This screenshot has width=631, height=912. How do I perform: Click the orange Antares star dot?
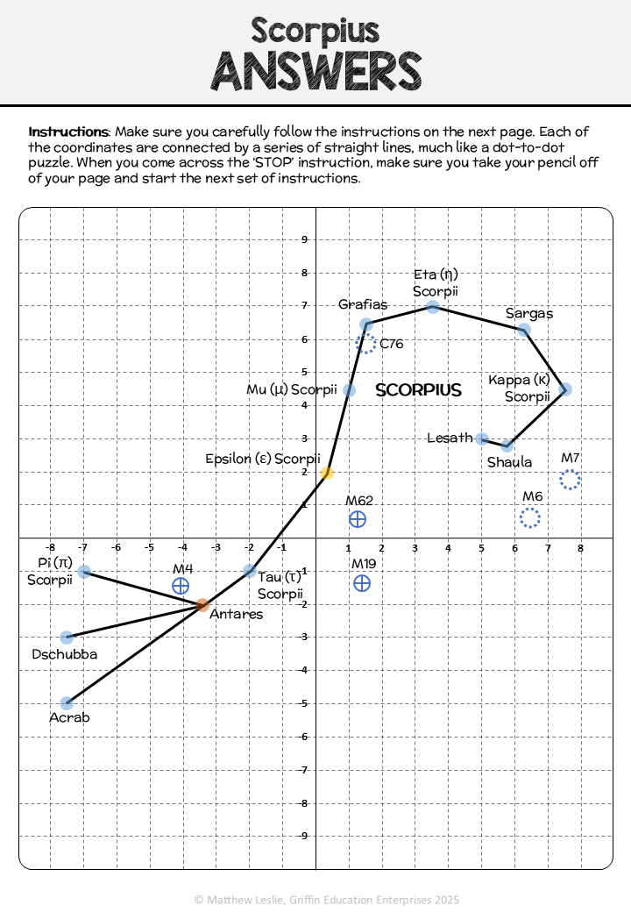pos(202,605)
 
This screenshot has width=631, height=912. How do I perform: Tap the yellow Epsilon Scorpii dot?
pos(327,473)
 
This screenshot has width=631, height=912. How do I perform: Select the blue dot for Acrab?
pos(67,703)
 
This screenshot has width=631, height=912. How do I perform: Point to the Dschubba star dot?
pos(67,638)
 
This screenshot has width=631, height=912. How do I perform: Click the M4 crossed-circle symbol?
pos(181,586)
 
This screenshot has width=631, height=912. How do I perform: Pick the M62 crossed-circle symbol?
pos(358,519)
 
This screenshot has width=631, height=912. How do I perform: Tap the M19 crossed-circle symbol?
pos(362,583)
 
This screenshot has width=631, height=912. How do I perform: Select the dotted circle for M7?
pos(570,480)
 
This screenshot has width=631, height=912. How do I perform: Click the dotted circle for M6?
pos(530,517)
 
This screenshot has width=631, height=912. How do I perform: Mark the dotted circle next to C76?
pos(366,343)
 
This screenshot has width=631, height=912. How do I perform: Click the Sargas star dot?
pos(523,330)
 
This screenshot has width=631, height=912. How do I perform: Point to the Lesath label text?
pos(450,438)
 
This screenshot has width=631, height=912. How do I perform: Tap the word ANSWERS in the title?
pos(316,72)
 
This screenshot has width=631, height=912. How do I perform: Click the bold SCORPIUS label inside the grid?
pos(418,389)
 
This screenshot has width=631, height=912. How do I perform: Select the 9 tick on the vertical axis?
pos(304,239)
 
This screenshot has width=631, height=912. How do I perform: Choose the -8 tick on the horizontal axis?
pos(51,547)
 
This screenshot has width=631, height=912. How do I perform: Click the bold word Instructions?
pos(68,132)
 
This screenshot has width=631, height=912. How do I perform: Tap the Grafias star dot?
pos(366,324)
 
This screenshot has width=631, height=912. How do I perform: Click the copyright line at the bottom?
pos(327,900)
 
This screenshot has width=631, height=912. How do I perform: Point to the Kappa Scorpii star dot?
pos(565,389)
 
